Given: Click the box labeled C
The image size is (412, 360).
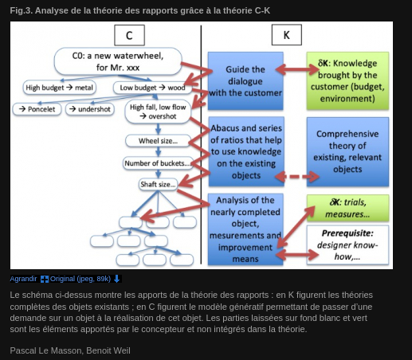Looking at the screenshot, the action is tap(129, 35).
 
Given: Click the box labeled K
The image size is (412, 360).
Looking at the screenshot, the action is tap(287, 35).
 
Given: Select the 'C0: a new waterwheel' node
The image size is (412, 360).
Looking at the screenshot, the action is tap(118, 61).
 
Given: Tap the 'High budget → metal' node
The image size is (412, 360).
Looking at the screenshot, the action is tap(59, 88).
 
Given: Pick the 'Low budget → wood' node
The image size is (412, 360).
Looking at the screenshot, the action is tap(152, 88).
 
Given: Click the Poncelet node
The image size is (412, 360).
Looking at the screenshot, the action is tap(37, 109).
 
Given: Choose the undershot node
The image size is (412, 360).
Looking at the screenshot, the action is tap(90, 109).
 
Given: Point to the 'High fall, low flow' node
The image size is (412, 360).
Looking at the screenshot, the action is tap(158, 112).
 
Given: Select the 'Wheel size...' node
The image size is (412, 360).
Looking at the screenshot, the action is tap(158, 141).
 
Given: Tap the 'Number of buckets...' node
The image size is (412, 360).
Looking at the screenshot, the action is tap(158, 163).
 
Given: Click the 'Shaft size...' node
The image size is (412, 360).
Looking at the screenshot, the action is tap(158, 184).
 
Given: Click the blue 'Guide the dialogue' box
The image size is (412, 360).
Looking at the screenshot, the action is tap(245, 81).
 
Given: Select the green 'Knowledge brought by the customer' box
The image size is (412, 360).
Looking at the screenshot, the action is tap(347, 80).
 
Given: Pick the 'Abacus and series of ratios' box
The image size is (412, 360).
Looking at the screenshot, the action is tap(246, 151).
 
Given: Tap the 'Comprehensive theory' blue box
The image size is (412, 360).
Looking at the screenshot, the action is tap(347, 151).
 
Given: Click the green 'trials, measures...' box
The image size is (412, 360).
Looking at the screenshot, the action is tap(347, 208).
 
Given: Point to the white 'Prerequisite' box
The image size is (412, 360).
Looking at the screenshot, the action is tap(347, 245).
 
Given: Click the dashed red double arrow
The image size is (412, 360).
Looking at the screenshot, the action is tap(297, 176).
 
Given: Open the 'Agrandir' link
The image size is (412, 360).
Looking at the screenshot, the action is tap(23, 279).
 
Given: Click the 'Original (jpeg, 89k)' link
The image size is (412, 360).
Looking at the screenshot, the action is tap(80, 279).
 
